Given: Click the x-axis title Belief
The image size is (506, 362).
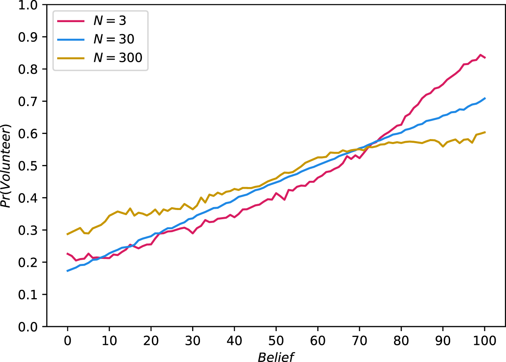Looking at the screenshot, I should pos(276,356).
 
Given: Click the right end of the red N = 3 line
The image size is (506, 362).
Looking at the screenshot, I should pos(485,58).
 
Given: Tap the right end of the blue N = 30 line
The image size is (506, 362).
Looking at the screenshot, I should pos(485,98).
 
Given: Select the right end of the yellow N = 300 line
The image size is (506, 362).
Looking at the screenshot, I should pos(485,132).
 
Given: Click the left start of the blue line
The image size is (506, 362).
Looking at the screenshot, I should pos(67,271).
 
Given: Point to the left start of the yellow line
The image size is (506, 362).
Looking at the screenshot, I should pos(67,234).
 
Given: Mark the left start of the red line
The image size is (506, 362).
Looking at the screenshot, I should pos(67,253).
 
